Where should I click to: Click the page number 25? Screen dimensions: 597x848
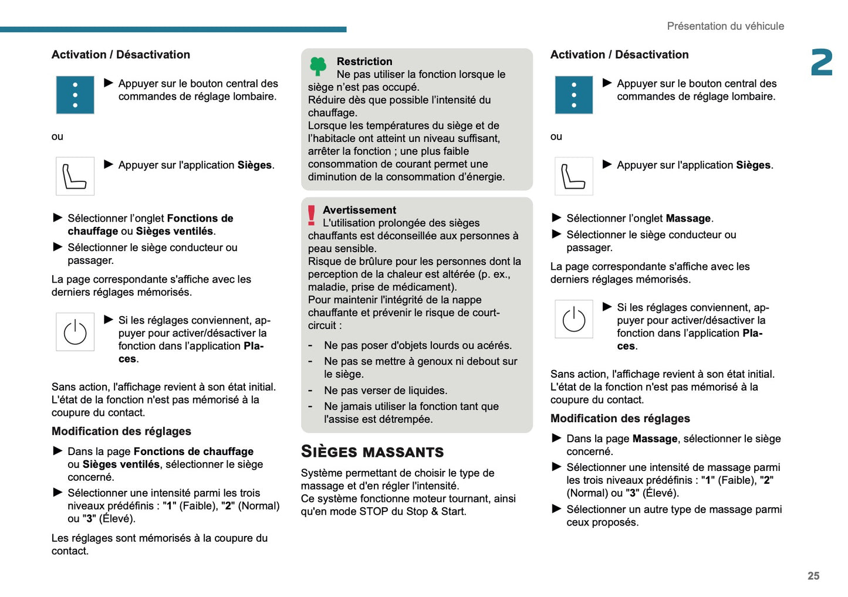pos(813,576)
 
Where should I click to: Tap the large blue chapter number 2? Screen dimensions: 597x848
pos(822,63)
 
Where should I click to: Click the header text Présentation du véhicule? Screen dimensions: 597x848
pos(725,26)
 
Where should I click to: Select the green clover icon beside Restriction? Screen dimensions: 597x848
pos(318,66)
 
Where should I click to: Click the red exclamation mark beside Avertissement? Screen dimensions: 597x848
pos(312,215)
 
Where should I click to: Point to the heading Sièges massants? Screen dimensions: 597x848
pos(372,452)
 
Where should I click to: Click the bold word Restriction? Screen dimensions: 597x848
pos(364,62)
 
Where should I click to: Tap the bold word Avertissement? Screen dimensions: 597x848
pos(359,210)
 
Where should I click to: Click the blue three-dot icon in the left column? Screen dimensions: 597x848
pos(75,95)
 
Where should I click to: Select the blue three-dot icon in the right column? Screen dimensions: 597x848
pos(573,95)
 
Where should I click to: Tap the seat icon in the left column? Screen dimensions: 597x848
pos(75,176)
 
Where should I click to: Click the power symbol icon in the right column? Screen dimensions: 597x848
pos(573,319)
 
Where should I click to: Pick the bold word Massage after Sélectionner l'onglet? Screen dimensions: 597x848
pos(688,218)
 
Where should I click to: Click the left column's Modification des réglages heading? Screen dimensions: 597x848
pos(121,431)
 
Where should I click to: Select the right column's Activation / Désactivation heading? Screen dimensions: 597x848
pos(619,55)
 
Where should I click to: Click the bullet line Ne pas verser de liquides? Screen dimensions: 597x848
pos(385,391)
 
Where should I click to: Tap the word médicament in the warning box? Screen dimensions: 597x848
pos(427,287)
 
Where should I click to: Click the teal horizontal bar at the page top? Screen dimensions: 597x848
pos(173,29)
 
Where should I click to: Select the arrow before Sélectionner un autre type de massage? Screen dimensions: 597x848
pos(557,508)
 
